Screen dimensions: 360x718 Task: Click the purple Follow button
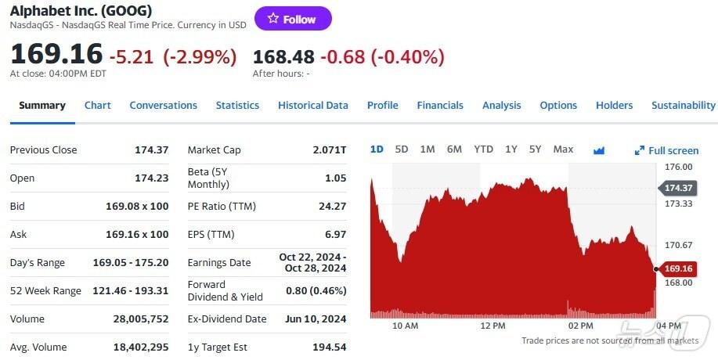pyautogui.click(x=293, y=19)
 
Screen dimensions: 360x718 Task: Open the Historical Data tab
pyautogui.click(x=312, y=106)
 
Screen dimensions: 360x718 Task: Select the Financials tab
pyautogui.click(x=440, y=106)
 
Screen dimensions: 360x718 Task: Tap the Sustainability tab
pyautogui.click(x=683, y=106)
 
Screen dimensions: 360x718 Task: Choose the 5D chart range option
pyautogui.click(x=402, y=149)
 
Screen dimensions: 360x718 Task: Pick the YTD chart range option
pyautogui.click(x=483, y=149)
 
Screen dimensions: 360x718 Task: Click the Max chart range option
pyautogui.click(x=563, y=149)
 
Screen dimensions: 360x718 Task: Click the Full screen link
pyautogui.click(x=667, y=150)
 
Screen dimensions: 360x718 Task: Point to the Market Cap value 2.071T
pyautogui.click(x=330, y=150)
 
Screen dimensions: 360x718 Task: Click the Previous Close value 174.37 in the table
pyautogui.click(x=152, y=150)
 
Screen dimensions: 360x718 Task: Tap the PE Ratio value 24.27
pyautogui.click(x=330, y=207)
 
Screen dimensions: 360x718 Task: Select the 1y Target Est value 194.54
pyautogui.click(x=330, y=347)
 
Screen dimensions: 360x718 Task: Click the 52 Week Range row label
pyautogui.click(x=45, y=291)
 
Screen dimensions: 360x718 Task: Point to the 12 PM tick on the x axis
pyautogui.click(x=493, y=326)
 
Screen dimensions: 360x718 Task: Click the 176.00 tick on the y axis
pyautogui.click(x=678, y=167)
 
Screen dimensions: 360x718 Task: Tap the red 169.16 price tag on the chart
pyautogui.click(x=678, y=269)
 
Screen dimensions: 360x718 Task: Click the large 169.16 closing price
pyautogui.click(x=56, y=55)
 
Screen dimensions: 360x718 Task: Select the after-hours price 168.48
pyautogui.click(x=283, y=56)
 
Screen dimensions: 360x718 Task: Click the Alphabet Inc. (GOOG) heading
pyautogui.click(x=81, y=11)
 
